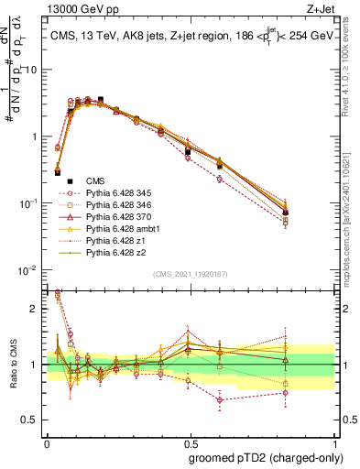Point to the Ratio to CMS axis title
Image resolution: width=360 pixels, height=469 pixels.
[12, 368]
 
